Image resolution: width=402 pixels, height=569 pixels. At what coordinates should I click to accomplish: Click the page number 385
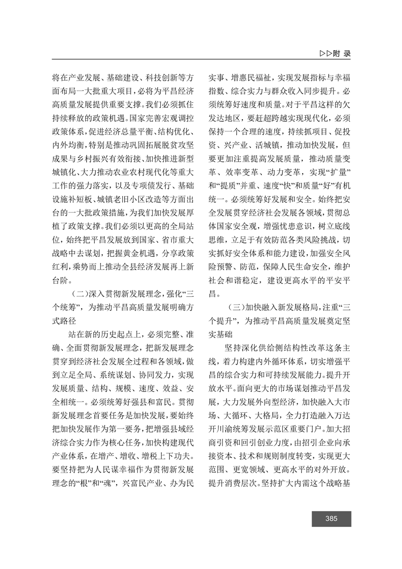click(x=332, y=518)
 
